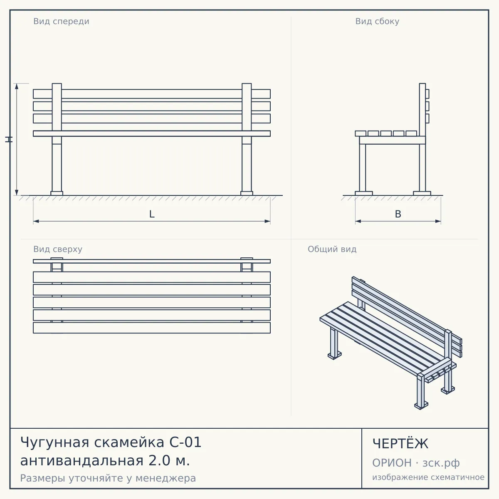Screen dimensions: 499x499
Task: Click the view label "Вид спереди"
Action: (x=61, y=22)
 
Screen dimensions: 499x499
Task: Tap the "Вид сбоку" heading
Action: (x=377, y=22)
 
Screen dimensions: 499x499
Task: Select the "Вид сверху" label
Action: (x=58, y=249)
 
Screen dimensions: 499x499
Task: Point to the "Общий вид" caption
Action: (x=332, y=249)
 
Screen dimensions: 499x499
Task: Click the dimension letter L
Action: (x=152, y=214)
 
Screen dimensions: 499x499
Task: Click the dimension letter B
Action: (x=398, y=214)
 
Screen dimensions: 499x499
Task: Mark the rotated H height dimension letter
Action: (x=9, y=140)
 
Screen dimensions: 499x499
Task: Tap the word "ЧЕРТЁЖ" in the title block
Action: (x=400, y=444)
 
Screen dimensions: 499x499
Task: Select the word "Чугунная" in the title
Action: (x=54, y=442)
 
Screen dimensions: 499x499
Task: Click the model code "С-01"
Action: (x=185, y=442)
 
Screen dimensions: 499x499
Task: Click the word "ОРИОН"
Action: (x=392, y=463)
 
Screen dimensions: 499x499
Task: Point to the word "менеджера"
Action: (x=166, y=478)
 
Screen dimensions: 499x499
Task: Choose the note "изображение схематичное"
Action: (x=428, y=477)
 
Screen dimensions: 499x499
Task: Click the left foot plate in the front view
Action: (x=57, y=193)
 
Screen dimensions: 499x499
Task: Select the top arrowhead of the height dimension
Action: (x=17, y=86)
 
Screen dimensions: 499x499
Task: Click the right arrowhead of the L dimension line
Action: (x=267, y=221)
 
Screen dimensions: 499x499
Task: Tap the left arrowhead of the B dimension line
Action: (x=358, y=221)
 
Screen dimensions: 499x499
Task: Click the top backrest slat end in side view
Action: (x=427, y=94)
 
